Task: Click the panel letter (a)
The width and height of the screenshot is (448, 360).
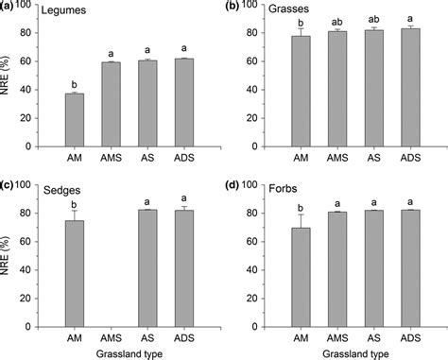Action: coord(9,6)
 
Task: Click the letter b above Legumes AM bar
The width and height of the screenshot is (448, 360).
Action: coord(74,83)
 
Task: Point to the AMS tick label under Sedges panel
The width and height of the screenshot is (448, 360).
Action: coord(111,337)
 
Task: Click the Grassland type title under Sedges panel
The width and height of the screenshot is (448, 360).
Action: coord(129,352)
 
